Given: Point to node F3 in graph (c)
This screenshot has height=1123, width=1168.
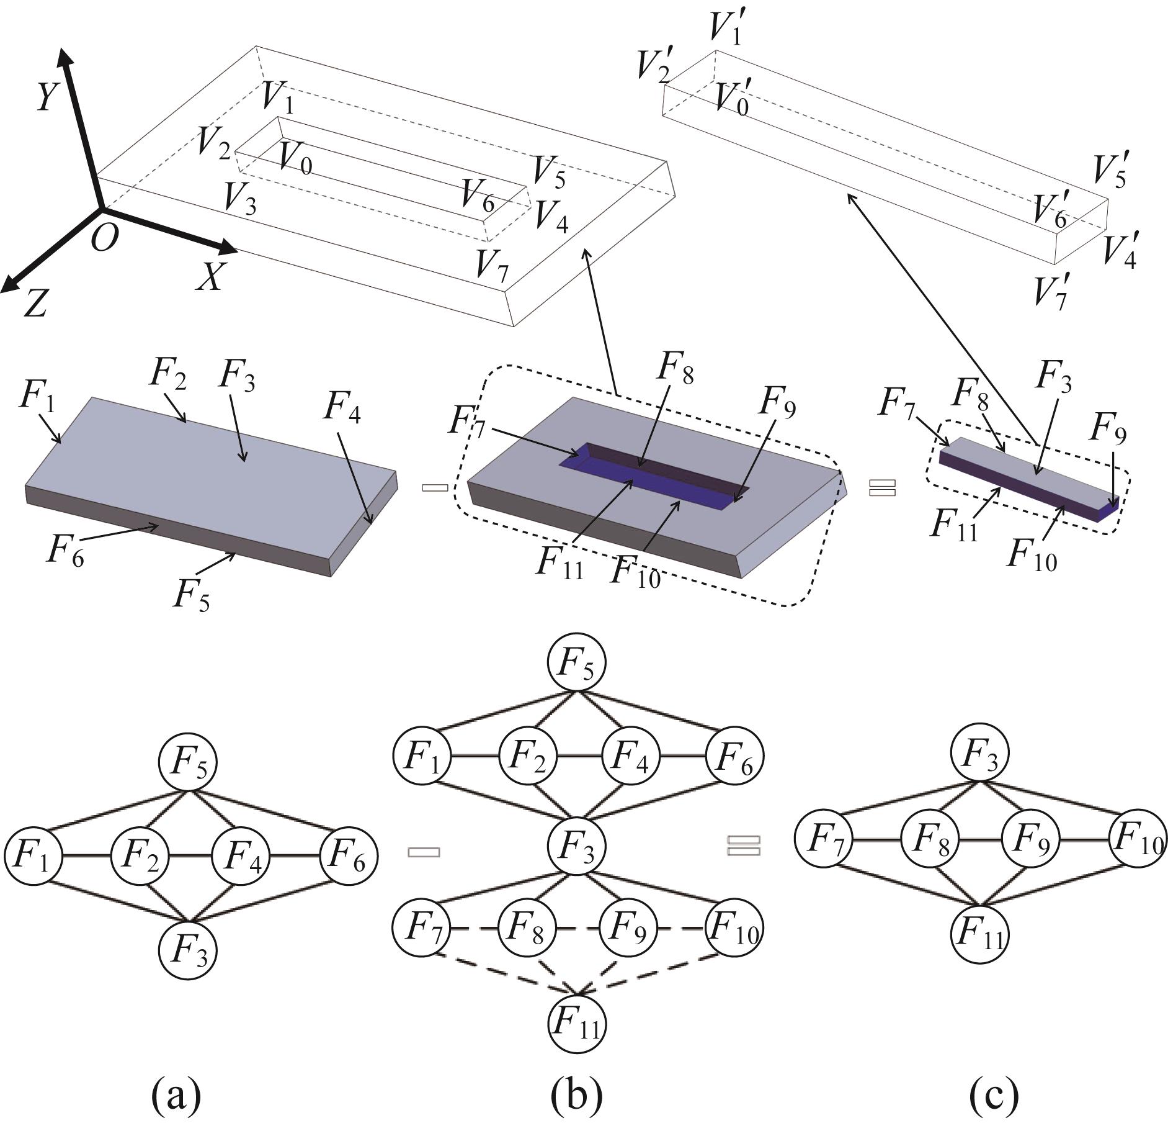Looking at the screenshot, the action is pos(980,754).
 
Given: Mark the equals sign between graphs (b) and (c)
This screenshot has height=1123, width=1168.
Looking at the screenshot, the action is pos(743,846).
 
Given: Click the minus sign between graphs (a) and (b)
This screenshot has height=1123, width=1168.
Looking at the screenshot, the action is pos(424,852).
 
